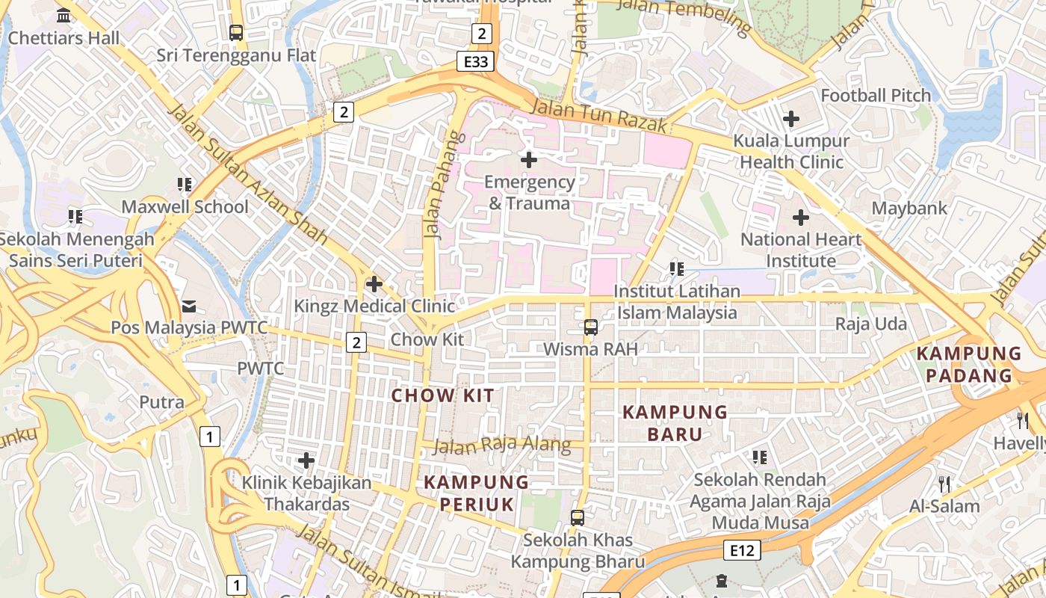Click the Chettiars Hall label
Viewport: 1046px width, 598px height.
64,37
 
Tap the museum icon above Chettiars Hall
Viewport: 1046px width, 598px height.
64,15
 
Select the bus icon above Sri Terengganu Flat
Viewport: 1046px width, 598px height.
236,33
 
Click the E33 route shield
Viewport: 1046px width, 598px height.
475,61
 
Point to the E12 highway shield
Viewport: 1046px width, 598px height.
742,551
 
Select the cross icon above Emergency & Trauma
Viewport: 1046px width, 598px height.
529,159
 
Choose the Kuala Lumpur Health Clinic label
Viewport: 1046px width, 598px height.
791,151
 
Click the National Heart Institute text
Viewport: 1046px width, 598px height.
801,250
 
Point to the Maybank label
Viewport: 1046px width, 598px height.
909,209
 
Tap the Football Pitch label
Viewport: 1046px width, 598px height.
876,96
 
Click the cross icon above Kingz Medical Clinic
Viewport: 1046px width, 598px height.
374,284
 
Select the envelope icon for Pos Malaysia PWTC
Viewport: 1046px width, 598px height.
188,306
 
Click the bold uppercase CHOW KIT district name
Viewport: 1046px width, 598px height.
443,395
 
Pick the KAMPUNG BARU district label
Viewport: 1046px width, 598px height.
675,422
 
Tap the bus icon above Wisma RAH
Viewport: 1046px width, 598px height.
590,327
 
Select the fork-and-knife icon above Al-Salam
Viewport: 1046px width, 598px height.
944,484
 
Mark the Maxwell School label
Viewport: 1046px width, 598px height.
185,206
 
